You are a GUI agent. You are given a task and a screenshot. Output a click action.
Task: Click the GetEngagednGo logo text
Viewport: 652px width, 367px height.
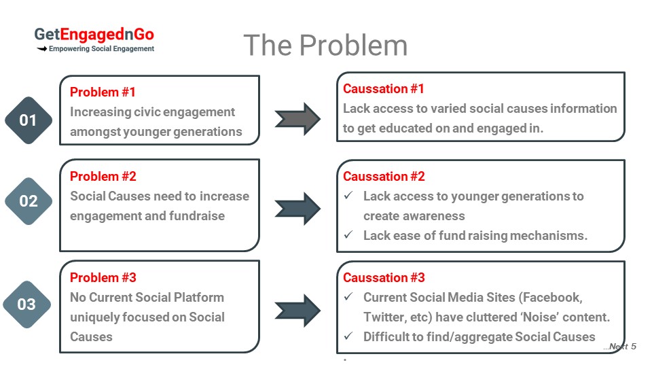coord(94,35)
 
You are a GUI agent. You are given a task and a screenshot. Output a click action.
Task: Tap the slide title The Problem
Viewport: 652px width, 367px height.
coord(325,45)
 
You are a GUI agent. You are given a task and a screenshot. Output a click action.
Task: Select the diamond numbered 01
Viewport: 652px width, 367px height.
coord(29,120)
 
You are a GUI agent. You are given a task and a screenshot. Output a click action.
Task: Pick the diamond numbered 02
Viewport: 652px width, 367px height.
coord(29,201)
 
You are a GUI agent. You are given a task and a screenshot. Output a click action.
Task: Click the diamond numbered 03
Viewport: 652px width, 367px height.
coord(27,304)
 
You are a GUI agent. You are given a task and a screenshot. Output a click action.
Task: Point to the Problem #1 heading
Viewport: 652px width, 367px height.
coord(103,92)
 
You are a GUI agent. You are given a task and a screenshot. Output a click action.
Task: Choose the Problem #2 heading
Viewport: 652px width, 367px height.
coord(103,177)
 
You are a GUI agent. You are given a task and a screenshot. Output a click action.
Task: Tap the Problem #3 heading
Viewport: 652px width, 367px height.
coord(103,277)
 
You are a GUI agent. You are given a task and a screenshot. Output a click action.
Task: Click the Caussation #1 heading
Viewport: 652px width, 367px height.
coord(383,88)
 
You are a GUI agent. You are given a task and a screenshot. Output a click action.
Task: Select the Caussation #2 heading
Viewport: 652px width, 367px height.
coord(384,177)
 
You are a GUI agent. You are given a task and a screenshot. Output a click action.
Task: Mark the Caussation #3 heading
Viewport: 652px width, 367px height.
coord(384,277)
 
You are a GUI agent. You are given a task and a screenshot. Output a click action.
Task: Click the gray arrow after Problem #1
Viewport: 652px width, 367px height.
coord(297,119)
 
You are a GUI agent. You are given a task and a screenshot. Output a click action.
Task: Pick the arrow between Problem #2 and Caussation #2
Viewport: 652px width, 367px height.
coord(297,209)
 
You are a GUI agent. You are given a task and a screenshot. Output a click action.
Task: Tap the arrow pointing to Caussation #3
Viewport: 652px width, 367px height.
coord(297,311)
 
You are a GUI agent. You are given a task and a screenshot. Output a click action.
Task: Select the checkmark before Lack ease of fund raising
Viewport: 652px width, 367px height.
coord(348,234)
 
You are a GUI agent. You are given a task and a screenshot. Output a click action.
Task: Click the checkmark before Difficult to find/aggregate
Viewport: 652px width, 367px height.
coord(348,336)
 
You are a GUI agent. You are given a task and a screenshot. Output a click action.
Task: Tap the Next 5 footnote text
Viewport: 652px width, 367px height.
coord(620,346)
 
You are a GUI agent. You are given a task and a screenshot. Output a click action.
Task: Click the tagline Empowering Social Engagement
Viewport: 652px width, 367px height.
coord(101,49)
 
